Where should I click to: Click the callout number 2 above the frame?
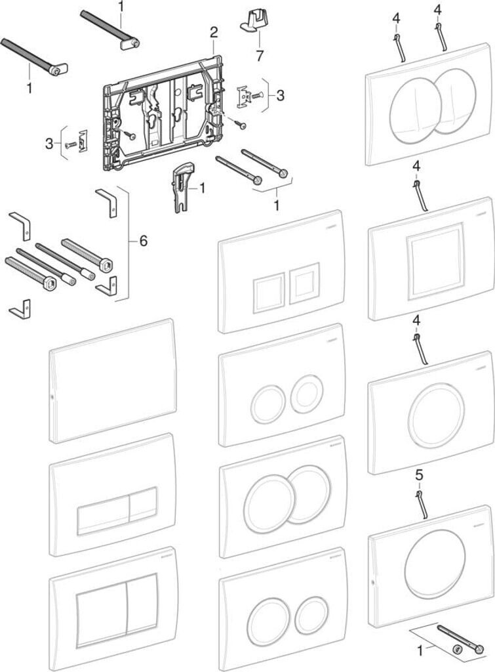(x=213, y=31)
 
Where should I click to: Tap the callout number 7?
(x=260, y=56)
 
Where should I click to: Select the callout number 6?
(x=142, y=241)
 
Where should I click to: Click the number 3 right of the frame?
(x=280, y=96)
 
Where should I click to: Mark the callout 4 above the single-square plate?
(x=416, y=166)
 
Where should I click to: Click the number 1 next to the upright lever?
(x=201, y=188)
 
